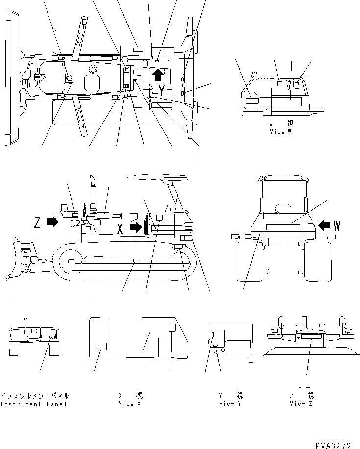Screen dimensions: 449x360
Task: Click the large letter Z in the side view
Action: coord(37,223)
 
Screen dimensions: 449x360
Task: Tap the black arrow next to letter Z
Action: coord(52,222)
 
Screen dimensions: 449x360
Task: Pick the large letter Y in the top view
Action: coord(161,90)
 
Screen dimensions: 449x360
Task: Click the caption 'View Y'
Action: coord(227,404)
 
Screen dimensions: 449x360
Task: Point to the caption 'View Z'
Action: coord(298,404)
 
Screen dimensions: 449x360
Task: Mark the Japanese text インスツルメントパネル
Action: coord(35,396)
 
